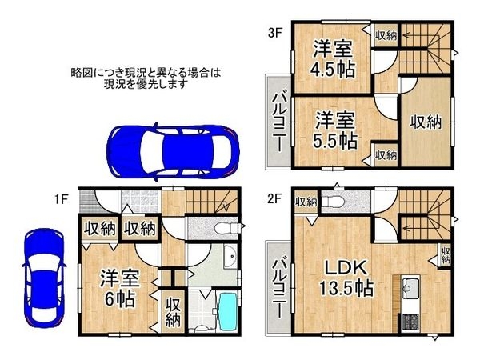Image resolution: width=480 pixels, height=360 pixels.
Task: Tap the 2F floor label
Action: click(274, 194)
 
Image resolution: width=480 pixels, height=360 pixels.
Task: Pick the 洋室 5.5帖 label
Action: click(334, 130)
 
